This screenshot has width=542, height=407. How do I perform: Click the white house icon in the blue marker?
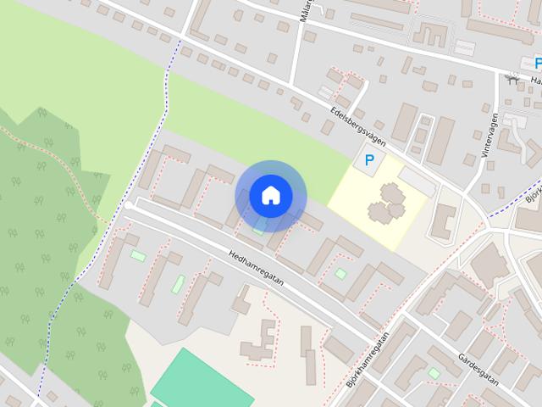[x=270, y=196]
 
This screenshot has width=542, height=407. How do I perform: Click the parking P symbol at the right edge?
[x=538, y=63]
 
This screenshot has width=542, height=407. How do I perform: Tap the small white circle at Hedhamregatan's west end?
[x=128, y=205]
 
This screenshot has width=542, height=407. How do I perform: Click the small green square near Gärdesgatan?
[x=434, y=372]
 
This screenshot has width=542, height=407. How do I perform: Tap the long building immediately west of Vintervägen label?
[x=440, y=141]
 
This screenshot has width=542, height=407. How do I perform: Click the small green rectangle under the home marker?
[x=257, y=230]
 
